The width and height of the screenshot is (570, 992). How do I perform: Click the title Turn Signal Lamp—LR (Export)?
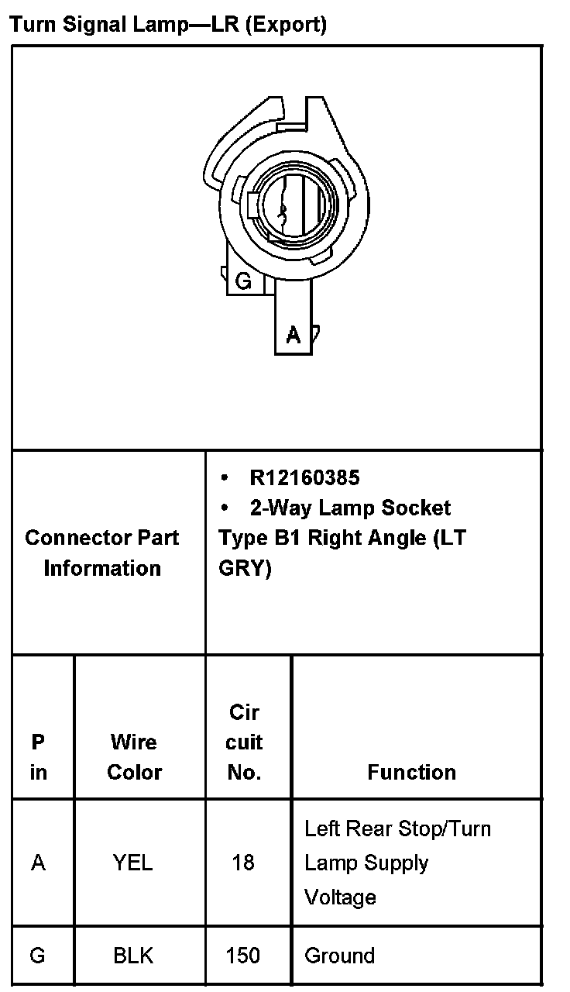pyautogui.click(x=168, y=24)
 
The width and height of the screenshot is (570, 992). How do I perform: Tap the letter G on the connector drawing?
pyautogui.click(x=243, y=281)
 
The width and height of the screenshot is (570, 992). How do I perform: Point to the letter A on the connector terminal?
pyautogui.click(x=294, y=334)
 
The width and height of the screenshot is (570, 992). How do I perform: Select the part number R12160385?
pyautogui.click(x=304, y=477)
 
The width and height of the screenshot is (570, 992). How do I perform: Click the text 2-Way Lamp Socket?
pyautogui.click(x=350, y=508)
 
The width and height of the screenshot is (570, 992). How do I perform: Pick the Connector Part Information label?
pyautogui.click(x=102, y=553)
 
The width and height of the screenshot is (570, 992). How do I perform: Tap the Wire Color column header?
pyautogui.click(x=134, y=756)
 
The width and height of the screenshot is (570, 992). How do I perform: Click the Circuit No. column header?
pyautogui.click(x=244, y=742)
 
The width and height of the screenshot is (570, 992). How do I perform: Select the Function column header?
pyautogui.click(x=412, y=772)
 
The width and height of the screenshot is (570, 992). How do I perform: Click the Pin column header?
pyautogui.click(x=38, y=756)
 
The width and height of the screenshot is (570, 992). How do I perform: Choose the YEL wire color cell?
pyautogui.click(x=133, y=863)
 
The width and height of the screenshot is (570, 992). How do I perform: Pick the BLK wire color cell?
pyautogui.click(x=133, y=956)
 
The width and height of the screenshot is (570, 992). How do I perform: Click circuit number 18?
pyautogui.click(x=243, y=863)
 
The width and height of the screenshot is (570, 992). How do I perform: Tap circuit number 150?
pyautogui.click(x=243, y=956)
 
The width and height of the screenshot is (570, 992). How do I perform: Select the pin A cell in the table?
pyautogui.click(x=38, y=863)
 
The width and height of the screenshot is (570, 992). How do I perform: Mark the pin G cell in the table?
pyautogui.click(x=37, y=956)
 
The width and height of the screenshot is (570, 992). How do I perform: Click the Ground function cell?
pyautogui.click(x=339, y=956)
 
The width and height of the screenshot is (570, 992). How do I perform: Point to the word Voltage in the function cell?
pyautogui.click(x=340, y=897)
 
